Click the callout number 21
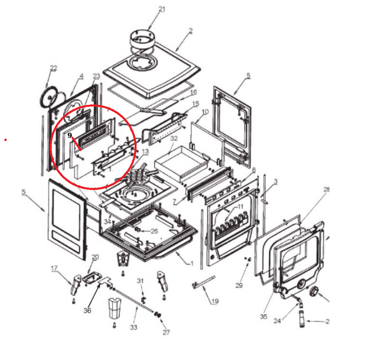click(x=162, y=9)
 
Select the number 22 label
click(x=53, y=68)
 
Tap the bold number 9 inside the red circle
click(x=70, y=135)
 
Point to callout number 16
click(x=194, y=92)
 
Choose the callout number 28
click(x=327, y=190)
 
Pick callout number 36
click(x=87, y=310)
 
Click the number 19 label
click(x=215, y=301)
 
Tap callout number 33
click(x=134, y=327)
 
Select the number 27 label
click(x=166, y=332)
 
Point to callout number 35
click(x=263, y=317)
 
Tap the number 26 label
click(x=154, y=231)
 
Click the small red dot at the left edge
click(x=5, y=139)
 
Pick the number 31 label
click(x=140, y=280)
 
